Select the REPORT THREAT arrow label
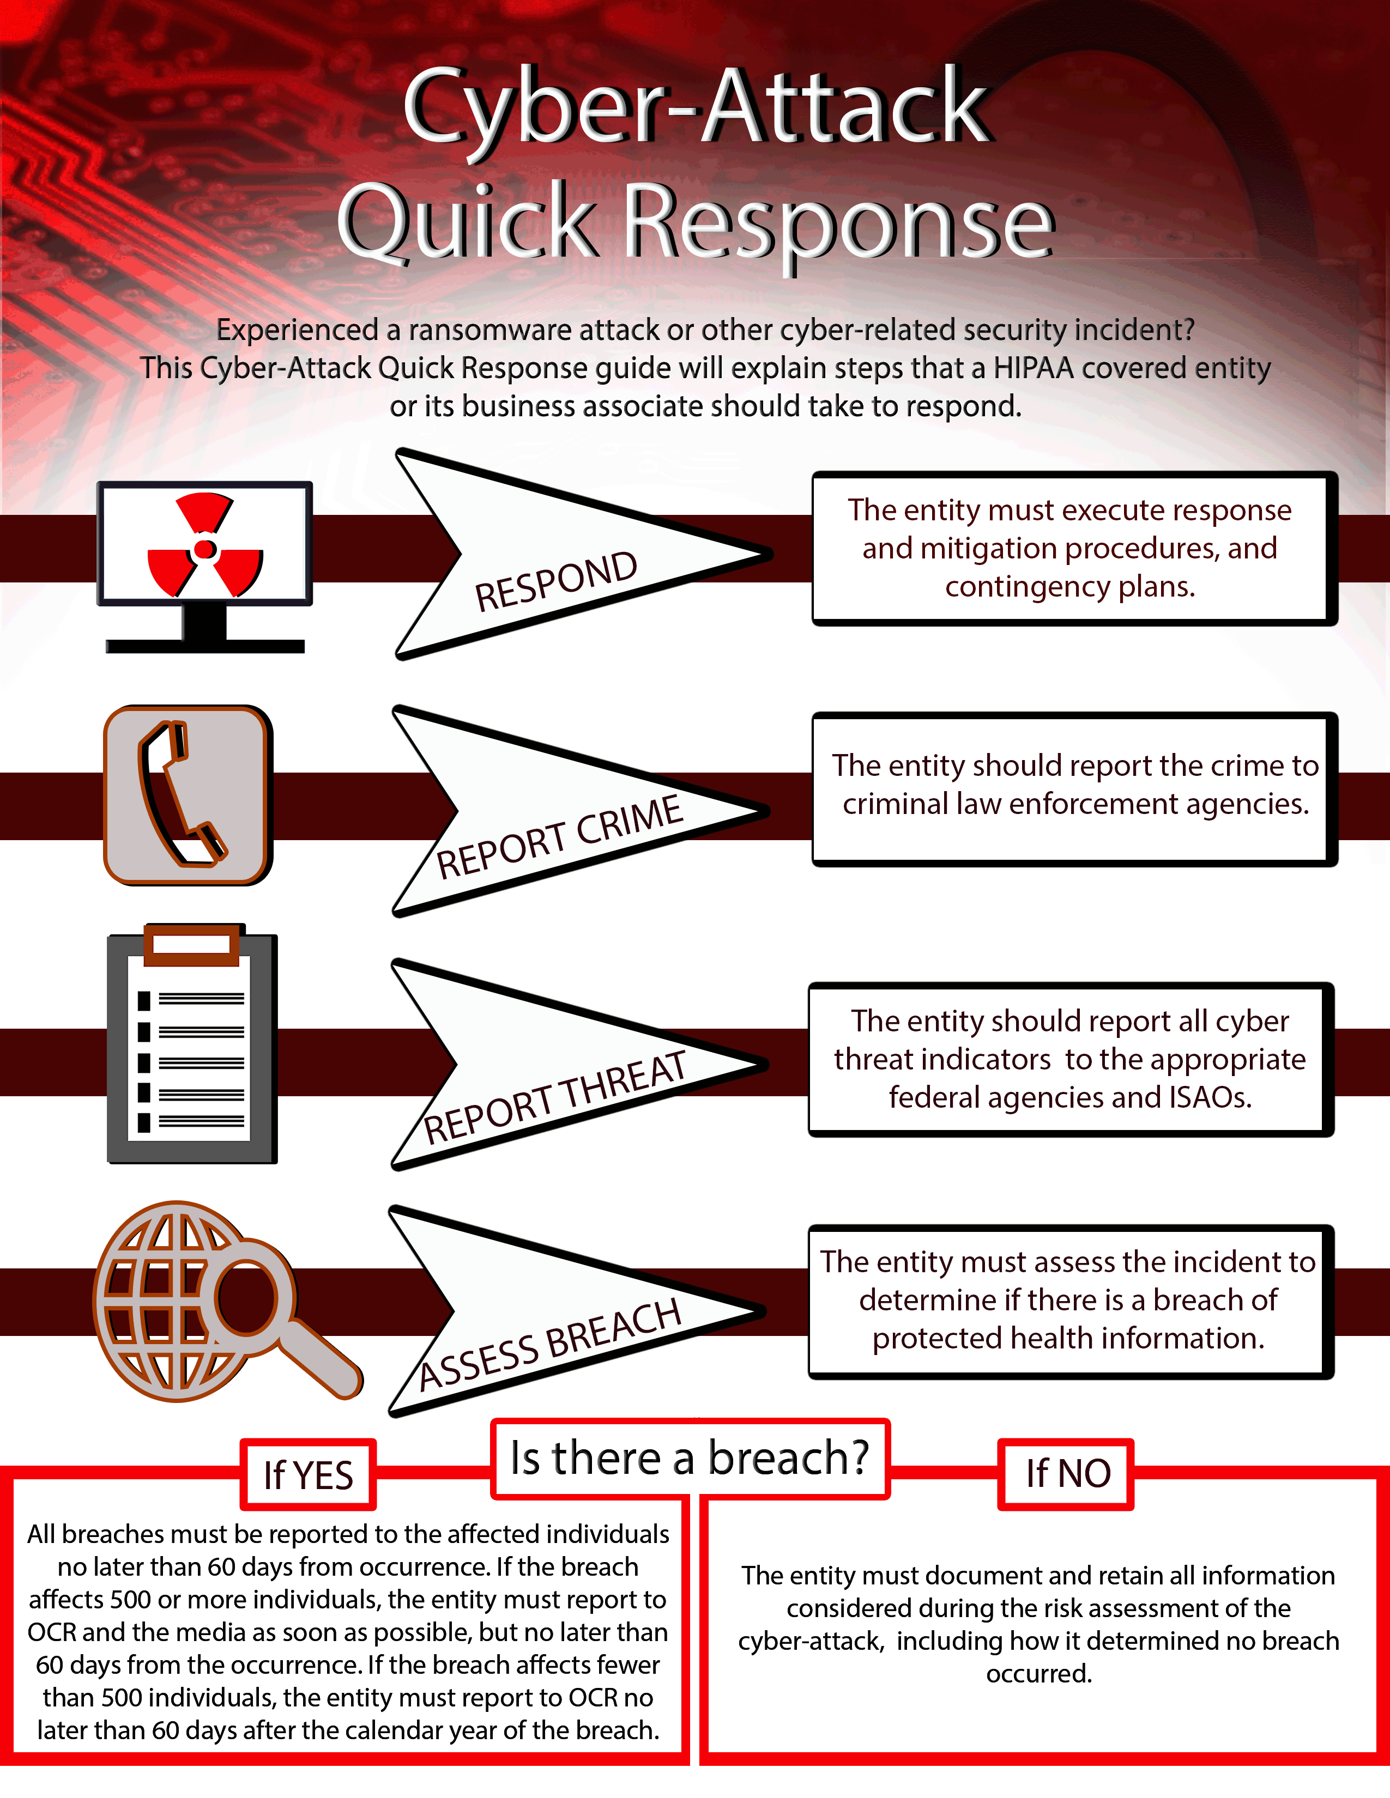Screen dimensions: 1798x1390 (554, 1097)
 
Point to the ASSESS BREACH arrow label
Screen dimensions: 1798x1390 (549, 1344)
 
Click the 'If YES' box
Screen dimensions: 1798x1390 (308, 1474)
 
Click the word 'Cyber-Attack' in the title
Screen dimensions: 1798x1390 (696, 107)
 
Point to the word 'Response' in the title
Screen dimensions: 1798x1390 (838, 222)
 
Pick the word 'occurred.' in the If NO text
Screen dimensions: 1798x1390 (1039, 1674)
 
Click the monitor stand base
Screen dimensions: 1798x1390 (205, 646)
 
